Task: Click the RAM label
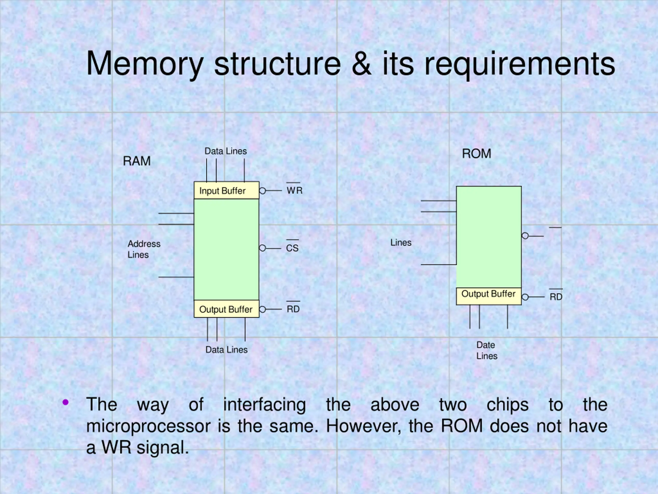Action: [x=136, y=161]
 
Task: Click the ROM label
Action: [x=476, y=154]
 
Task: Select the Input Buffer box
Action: [x=226, y=190]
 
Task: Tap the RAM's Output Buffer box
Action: [x=226, y=309]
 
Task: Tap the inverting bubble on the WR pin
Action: [x=262, y=191]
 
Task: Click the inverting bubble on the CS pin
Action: [x=262, y=248]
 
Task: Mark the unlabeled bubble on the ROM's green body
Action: [x=525, y=236]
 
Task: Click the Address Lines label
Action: [x=144, y=249]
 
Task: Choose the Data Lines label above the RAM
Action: [x=226, y=151]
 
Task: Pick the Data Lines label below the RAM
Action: [x=226, y=350]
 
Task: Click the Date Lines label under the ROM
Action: [x=487, y=350]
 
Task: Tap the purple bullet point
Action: [x=66, y=402]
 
